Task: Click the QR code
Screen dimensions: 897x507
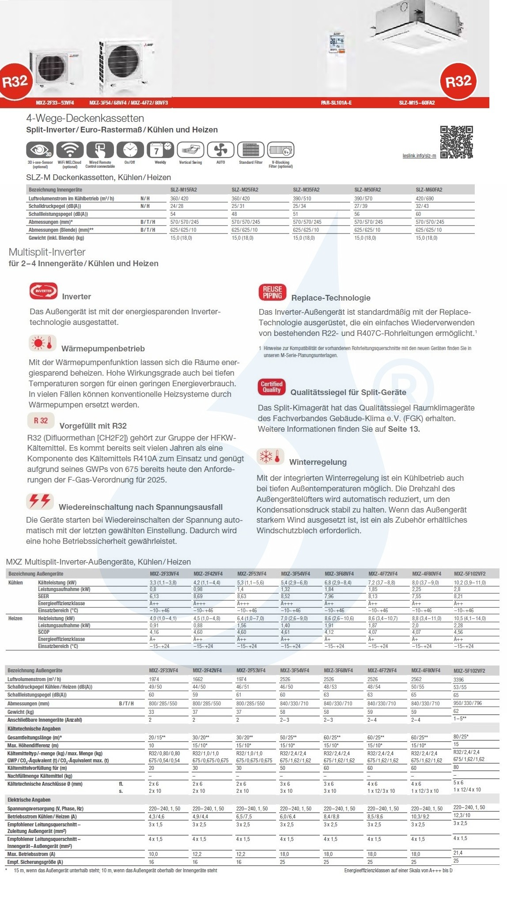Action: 456,142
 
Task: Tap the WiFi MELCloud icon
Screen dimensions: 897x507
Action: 70,150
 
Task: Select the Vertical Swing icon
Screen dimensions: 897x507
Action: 190,150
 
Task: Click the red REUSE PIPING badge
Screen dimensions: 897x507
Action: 272,292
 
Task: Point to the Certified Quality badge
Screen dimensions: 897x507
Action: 272,387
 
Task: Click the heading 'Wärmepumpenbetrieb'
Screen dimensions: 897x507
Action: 103,349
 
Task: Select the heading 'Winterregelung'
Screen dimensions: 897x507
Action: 318,462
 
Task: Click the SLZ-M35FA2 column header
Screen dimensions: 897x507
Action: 306,190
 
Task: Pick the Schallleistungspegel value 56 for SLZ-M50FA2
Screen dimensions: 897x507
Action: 357,214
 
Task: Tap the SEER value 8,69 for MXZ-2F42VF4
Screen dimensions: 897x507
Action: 198,596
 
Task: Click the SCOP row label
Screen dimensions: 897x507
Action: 44,632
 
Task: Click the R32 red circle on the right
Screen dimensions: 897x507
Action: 458,81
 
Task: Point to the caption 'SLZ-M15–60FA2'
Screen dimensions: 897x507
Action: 416,103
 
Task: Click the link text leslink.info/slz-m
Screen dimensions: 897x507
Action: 419,156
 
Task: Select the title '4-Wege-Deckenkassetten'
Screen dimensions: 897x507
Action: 85,118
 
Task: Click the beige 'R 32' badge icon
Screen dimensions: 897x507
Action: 41,421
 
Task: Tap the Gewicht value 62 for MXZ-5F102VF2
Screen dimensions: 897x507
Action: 456,711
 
